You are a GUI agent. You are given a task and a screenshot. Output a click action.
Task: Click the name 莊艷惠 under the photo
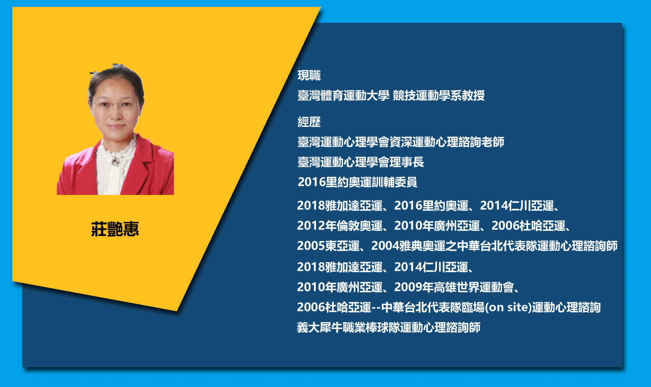[x=115, y=229]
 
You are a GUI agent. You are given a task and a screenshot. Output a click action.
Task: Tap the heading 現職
[x=309, y=76]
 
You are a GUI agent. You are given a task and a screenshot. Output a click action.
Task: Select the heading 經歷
[x=309, y=122]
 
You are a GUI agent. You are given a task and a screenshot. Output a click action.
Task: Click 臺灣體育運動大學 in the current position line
[x=343, y=95]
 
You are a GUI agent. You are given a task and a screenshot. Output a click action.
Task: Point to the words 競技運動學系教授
[x=439, y=95]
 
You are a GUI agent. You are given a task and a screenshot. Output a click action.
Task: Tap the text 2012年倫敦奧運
[x=340, y=226]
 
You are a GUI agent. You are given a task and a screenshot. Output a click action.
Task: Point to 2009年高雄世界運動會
[x=454, y=287]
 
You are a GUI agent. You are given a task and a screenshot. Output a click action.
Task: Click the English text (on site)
[x=508, y=307]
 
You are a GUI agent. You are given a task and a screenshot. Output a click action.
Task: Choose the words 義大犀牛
[x=320, y=327]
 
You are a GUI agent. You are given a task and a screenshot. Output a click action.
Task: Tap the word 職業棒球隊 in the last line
[x=371, y=327]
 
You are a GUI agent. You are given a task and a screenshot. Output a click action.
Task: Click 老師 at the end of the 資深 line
[x=493, y=142]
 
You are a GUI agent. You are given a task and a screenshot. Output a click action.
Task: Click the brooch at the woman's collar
[x=116, y=161]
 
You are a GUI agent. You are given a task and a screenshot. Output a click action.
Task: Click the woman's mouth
[x=116, y=126]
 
